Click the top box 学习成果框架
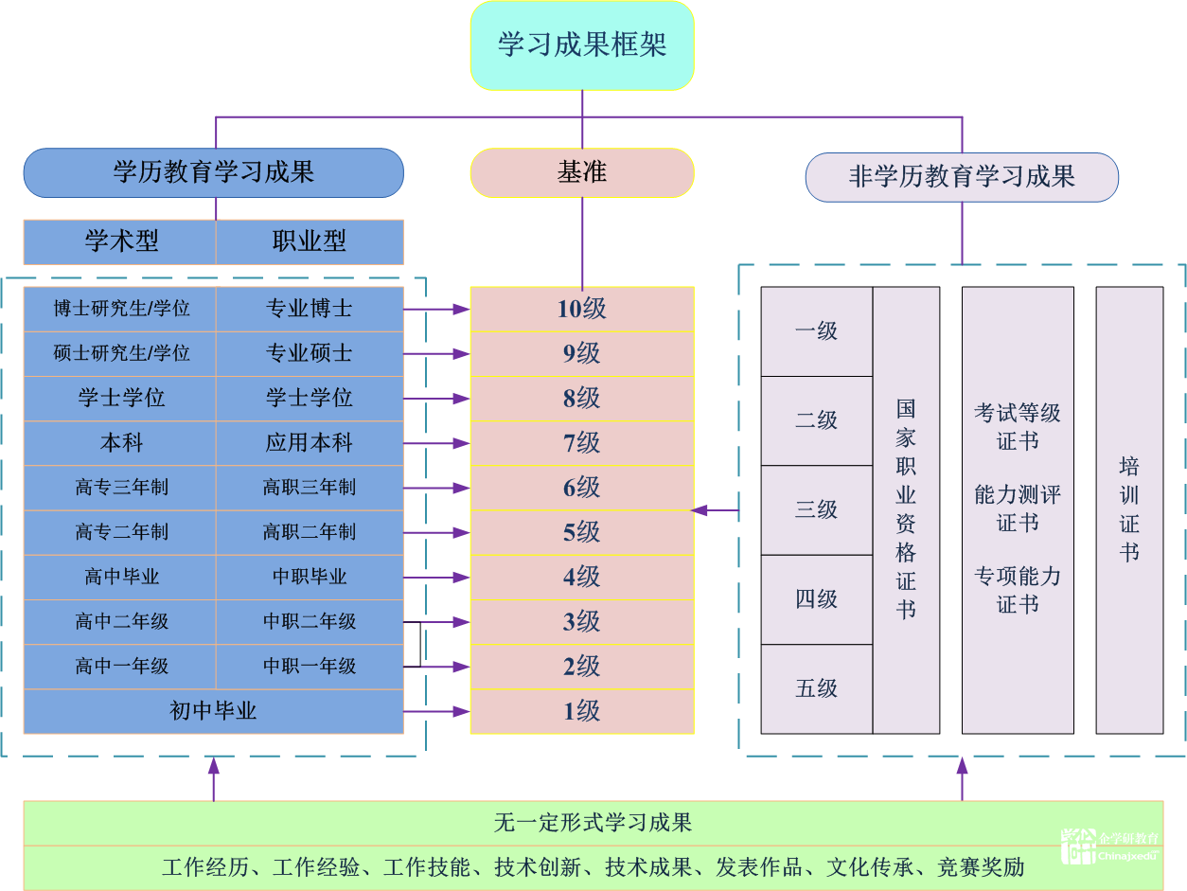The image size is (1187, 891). pyautogui.click(x=582, y=45)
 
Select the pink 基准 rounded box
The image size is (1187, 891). pyautogui.click(x=582, y=173)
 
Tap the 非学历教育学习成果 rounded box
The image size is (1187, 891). pyautogui.click(x=962, y=177)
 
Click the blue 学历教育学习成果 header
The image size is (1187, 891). pyautogui.click(x=214, y=172)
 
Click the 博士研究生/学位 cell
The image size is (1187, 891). pyautogui.click(x=120, y=309)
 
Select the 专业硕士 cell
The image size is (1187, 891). pyautogui.click(x=310, y=353)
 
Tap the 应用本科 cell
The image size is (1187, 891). pyautogui.click(x=310, y=442)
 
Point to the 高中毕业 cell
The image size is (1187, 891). pyautogui.click(x=120, y=577)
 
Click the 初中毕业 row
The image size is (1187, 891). pyautogui.click(x=214, y=711)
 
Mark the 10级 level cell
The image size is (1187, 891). pyautogui.click(x=582, y=309)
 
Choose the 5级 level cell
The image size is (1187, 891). pyautogui.click(x=582, y=532)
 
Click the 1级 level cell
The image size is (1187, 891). pyautogui.click(x=582, y=711)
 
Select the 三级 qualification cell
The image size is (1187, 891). pyautogui.click(x=817, y=509)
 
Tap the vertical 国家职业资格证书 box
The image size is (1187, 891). pyautogui.click(x=906, y=509)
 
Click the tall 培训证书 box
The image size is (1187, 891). pyautogui.click(x=1129, y=509)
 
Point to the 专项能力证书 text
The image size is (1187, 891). pyautogui.click(x=1018, y=589)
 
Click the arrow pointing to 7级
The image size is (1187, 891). pyautogui.click(x=437, y=442)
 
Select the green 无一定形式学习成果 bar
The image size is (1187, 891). pyautogui.click(x=593, y=822)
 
